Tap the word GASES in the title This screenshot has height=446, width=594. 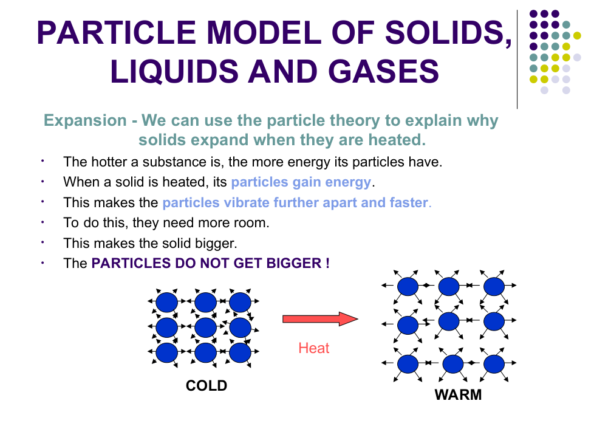[x=383, y=71]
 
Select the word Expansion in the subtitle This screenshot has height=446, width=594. [x=85, y=121]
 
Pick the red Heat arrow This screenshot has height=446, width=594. [x=320, y=319]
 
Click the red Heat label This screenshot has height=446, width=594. [x=313, y=348]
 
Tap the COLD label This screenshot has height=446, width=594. [x=207, y=386]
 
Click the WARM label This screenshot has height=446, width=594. [x=458, y=395]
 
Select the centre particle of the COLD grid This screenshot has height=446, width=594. [x=205, y=327]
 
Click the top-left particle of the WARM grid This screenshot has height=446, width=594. [x=408, y=286]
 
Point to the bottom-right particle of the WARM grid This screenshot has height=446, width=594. [x=494, y=364]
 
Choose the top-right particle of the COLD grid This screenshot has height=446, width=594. [x=240, y=302]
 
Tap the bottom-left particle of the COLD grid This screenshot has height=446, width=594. [x=166, y=352]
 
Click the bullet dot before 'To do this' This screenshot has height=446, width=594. [x=43, y=222]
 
